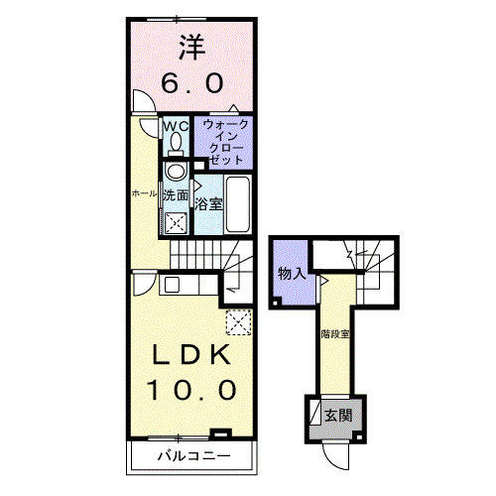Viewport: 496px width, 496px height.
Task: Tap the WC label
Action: tap(176, 126)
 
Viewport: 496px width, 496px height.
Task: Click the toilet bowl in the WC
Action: tap(177, 145)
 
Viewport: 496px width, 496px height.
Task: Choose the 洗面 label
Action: tap(176, 196)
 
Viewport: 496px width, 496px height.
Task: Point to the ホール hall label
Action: tap(144, 193)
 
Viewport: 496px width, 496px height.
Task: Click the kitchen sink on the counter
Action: tap(172, 285)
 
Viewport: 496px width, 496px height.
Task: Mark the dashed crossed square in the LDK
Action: tap(238, 321)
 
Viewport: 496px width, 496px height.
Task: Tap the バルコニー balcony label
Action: tap(193, 456)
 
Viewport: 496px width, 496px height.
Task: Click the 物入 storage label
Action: tap(291, 273)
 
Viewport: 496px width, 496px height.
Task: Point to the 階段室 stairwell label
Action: tap(334, 332)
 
